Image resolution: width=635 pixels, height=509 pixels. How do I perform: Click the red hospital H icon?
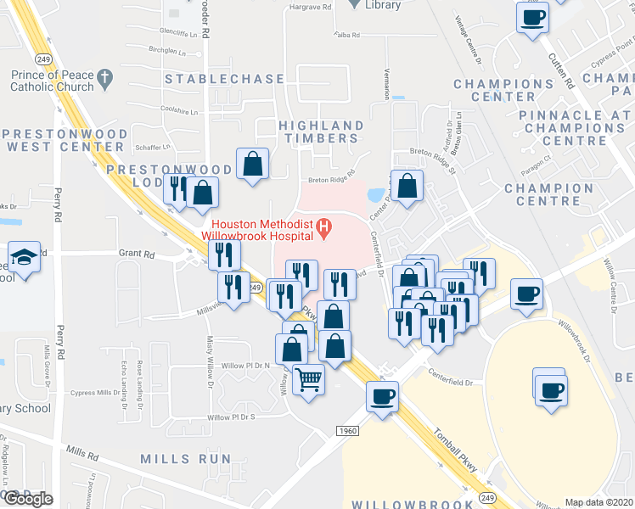(323, 227)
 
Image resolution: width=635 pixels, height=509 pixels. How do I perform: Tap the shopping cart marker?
(308, 378)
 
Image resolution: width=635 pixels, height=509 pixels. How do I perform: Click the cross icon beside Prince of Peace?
(105, 81)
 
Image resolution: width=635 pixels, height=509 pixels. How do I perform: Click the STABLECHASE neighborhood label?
(224, 79)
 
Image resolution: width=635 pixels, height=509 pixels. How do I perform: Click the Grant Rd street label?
(137, 254)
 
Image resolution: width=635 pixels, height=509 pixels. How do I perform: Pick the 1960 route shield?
(346, 430)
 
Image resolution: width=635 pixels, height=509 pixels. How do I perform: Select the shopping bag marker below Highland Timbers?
(253, 164)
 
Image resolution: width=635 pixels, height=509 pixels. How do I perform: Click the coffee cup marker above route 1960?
(382, 396)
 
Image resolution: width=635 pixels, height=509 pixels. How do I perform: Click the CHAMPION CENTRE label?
(548, 194)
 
